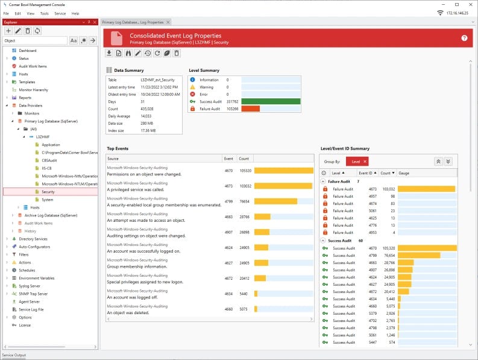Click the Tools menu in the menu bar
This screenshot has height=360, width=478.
44,13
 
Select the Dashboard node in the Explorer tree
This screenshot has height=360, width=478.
27,51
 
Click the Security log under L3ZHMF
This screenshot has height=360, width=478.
48,192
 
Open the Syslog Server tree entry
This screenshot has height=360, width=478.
30,286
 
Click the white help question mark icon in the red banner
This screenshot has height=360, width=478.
464,38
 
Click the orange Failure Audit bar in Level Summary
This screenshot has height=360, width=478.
250,109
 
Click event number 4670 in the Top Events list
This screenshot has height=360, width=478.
228,171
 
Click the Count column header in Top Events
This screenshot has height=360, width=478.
244,159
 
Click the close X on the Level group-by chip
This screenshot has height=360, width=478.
365,162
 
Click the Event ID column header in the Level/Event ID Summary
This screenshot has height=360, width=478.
366,173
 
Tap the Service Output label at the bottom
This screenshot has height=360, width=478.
14,355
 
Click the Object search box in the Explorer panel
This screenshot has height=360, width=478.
35,40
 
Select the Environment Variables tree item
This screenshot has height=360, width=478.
36,278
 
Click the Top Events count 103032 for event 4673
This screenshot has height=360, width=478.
244,186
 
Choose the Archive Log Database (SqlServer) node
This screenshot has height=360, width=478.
51,215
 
